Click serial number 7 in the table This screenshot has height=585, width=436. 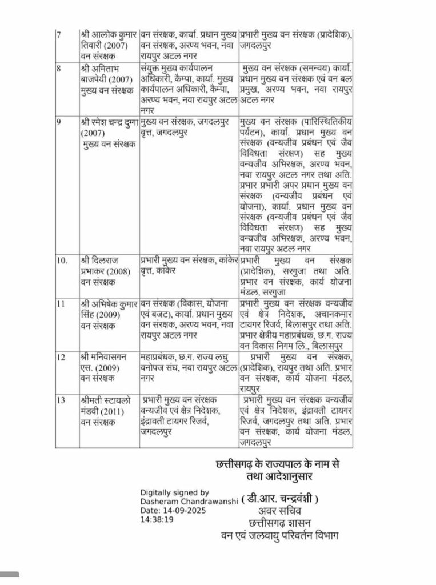coord(58,34)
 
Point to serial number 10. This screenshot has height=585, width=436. coord(62,261)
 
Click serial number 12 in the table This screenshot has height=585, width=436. coord(61,357)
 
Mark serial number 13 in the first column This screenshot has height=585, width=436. coord(61,399)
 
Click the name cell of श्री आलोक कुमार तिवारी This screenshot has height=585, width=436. coord(108,43)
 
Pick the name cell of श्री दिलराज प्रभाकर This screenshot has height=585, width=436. coord(108,271)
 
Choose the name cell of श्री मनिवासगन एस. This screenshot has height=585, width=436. coord(108,367)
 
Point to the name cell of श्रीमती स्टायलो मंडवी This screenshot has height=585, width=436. coord(108,410)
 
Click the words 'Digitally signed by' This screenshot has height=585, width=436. coord(175,492)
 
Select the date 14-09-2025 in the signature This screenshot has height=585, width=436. coord(182,510)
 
